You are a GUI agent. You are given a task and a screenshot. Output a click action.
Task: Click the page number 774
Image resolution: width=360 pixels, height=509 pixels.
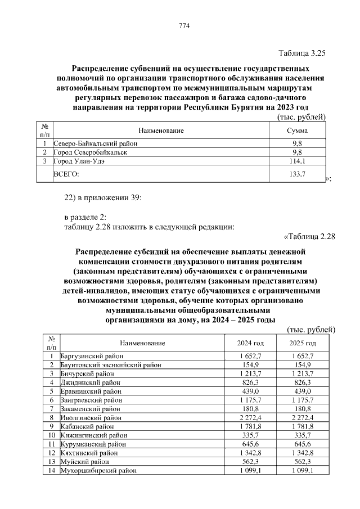coord(183,26)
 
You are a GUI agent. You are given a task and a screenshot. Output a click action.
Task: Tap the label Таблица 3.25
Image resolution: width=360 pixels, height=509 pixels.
coord(302,53)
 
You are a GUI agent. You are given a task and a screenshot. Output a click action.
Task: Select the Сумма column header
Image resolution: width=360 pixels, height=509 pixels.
coord(297,130)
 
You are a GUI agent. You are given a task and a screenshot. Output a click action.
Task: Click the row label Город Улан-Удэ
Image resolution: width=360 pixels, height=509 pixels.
coord(79,161)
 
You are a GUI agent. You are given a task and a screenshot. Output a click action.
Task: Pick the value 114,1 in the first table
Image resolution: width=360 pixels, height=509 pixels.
coord(296,161)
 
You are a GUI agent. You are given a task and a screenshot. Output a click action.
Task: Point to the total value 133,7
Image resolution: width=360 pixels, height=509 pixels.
coord(296,175)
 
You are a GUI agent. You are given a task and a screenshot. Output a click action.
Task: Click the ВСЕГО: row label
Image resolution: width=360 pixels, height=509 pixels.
coord(66,175)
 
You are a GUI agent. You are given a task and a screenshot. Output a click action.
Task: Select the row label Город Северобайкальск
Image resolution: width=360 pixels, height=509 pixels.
coord(90,152)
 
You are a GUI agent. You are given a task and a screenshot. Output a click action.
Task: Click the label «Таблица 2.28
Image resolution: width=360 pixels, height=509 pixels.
coord(309,236)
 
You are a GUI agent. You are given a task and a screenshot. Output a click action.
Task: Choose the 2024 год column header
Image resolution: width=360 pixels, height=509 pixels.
coord(250,343)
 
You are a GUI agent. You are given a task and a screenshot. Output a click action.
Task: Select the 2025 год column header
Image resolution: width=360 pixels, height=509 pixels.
coord(303,343)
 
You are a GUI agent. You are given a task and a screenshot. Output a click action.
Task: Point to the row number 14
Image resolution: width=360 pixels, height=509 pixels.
coord(51,471)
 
